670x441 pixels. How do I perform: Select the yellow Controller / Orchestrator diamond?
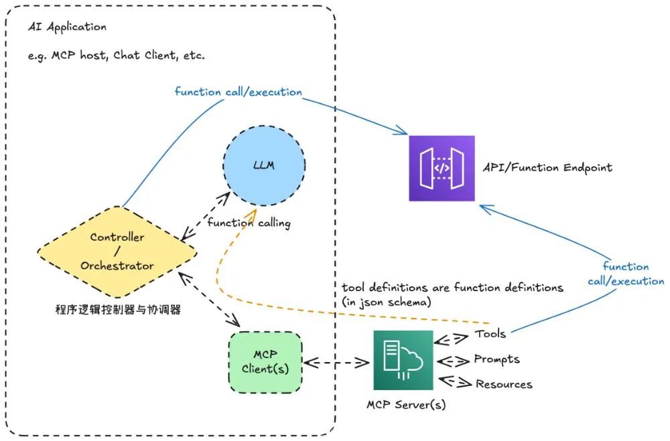117,251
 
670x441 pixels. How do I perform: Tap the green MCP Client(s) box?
265,361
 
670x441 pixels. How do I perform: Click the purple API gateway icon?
442,168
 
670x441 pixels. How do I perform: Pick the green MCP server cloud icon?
403,359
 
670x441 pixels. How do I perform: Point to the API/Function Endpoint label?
547,167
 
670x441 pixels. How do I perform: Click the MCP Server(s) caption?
406,405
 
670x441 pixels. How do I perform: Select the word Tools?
490,333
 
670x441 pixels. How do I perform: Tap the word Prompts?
496,359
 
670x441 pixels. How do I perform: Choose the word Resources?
504,384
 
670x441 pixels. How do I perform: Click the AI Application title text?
67,27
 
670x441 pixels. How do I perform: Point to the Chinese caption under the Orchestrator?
117,310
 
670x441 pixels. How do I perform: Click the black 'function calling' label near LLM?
249,223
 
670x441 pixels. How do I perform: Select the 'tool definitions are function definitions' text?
452,287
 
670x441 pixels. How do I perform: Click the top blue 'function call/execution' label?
238,92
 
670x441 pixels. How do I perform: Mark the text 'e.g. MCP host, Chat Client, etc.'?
117,56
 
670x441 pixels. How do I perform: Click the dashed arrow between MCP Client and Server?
338,363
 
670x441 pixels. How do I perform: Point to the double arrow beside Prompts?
454,361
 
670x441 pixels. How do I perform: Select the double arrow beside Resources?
454,383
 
